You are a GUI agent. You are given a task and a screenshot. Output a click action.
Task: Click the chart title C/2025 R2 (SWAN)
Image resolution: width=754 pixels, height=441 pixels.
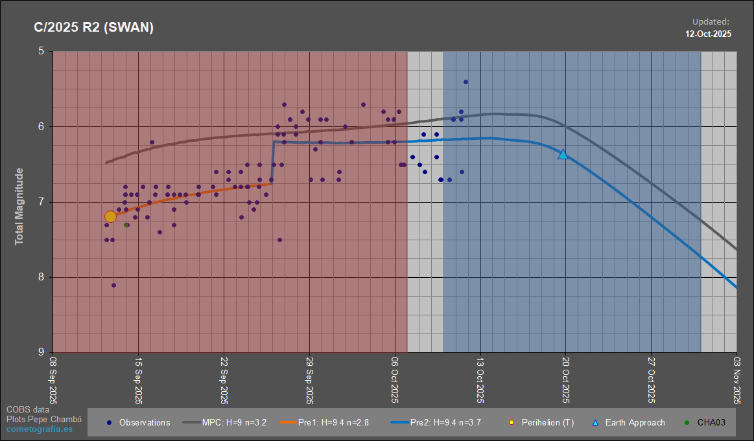(93, 28)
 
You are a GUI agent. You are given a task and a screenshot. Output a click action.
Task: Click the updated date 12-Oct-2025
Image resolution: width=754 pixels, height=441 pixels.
(708, 34)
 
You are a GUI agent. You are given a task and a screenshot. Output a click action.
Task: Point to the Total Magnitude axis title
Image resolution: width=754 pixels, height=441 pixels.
(19, 206)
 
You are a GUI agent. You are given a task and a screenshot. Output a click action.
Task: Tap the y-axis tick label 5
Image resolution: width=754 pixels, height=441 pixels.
(41, 51)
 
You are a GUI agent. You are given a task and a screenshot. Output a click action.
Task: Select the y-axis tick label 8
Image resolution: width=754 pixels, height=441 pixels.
(41, 277)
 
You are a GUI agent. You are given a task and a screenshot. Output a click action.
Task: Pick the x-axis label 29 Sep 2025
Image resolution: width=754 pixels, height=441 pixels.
(309, 382)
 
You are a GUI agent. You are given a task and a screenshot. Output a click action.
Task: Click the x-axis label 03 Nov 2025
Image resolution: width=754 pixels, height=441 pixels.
(736, 382)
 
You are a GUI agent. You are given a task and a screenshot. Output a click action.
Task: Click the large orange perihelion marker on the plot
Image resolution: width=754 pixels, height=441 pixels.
(110, 216)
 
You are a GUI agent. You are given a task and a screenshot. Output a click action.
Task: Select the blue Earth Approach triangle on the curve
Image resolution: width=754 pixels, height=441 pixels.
(563, 154)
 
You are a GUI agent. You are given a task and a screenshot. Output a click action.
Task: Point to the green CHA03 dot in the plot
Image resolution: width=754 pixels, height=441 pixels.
(126, 225)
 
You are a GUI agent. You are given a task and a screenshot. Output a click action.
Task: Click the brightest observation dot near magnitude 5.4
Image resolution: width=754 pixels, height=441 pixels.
(465, 82)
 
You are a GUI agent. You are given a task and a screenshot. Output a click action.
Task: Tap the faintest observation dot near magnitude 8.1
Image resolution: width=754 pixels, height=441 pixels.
(113, 285)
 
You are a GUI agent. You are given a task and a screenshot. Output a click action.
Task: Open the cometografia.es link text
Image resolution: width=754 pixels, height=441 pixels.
(39, 429)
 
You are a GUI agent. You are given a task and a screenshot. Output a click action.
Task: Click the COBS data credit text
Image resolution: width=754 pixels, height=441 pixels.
(27, 409)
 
